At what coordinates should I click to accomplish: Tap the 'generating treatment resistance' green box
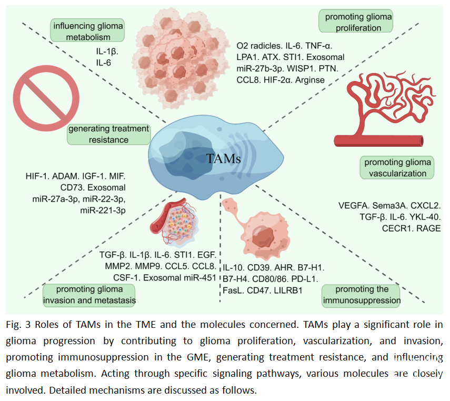click(x=108, y=134)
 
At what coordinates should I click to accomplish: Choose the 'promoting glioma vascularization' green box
click(x=398, y=167)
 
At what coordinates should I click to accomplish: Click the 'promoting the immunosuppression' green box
click(x=361, y=295)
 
